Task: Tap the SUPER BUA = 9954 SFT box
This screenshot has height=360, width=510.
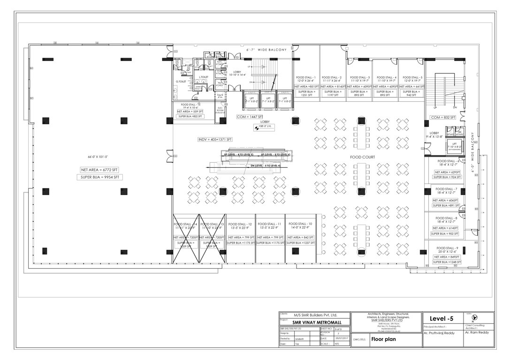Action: tap(101, 177)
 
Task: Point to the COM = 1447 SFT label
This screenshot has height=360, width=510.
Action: tap(250, 116)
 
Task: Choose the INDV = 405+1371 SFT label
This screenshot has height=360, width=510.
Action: tap(215, 140)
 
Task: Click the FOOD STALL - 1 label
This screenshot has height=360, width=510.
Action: tap(306, 77)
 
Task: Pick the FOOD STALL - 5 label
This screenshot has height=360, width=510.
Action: tap(412, 77)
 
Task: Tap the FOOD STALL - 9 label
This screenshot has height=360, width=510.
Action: tap(447, 247)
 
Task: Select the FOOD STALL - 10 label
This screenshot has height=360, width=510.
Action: tap(299, 224)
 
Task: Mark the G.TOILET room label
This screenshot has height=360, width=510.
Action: tap(181, 81)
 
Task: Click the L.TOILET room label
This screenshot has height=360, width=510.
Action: tap(204, 77)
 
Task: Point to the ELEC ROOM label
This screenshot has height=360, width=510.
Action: tap(220, 110)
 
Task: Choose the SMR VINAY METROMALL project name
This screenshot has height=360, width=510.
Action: tap(314, 322)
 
